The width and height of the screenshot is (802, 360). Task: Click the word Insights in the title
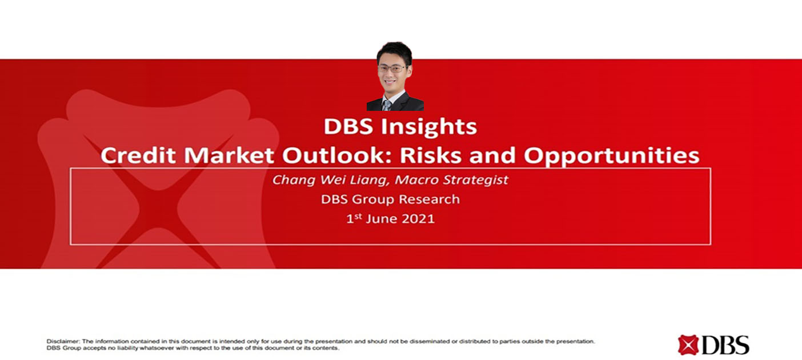tap(428, 127)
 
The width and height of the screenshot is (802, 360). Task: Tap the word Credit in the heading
tap(138, 155)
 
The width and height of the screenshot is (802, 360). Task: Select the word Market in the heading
tap(229, 155)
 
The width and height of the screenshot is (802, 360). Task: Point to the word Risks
tap(430, 155)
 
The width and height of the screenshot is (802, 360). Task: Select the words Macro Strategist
tap(451, 180)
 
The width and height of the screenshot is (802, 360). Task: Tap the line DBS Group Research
tap(390, 199)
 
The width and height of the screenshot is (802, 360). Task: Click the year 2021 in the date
tap(418, 219)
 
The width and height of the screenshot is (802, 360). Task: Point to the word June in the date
tap(382, 219)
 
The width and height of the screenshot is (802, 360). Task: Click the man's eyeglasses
tap(392, 69)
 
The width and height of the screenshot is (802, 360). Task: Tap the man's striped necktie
tap(387, 105)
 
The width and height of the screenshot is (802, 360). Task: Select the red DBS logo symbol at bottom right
tap(688, 345)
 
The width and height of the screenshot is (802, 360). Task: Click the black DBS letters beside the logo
tap(725, 345)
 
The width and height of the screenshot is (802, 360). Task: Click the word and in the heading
tap(492, 155)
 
